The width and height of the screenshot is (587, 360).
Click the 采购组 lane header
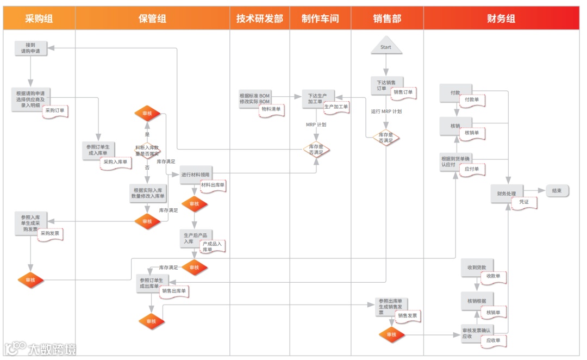pos(39,18)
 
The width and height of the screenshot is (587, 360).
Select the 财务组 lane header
pos(501,18)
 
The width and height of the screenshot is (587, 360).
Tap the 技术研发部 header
pos(259,18)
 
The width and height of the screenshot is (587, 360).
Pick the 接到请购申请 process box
pos(30,48)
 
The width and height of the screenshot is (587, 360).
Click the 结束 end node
pos(557,190)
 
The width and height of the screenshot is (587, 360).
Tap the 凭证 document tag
pos(524,202)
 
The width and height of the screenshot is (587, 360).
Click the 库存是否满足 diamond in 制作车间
pos(316,149)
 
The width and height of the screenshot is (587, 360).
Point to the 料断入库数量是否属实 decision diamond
pos(147,150)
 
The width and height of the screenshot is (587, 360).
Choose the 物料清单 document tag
pos(271,109)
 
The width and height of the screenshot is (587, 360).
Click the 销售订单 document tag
pos(403,92)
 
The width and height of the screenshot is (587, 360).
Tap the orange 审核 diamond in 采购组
pos(30,280)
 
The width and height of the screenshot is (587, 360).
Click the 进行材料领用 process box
pos(196,175)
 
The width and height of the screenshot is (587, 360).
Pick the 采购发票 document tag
pos(52,233)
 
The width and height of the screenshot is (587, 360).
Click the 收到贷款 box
pos(477,268)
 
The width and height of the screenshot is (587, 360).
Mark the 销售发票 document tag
pos(408,316)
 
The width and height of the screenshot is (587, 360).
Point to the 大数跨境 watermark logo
pos(40,349)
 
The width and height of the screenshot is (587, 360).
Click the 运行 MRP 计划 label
pos(386,111)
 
